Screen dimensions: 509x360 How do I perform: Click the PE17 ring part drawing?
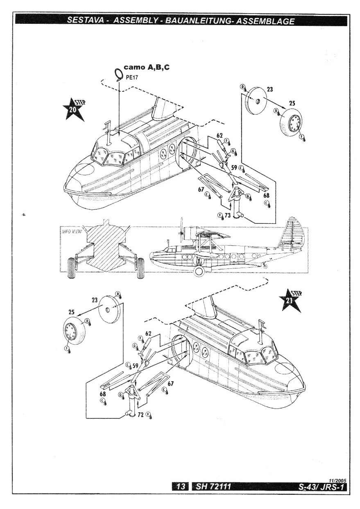click(119, 74)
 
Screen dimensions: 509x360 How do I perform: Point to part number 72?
click(140, 414)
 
